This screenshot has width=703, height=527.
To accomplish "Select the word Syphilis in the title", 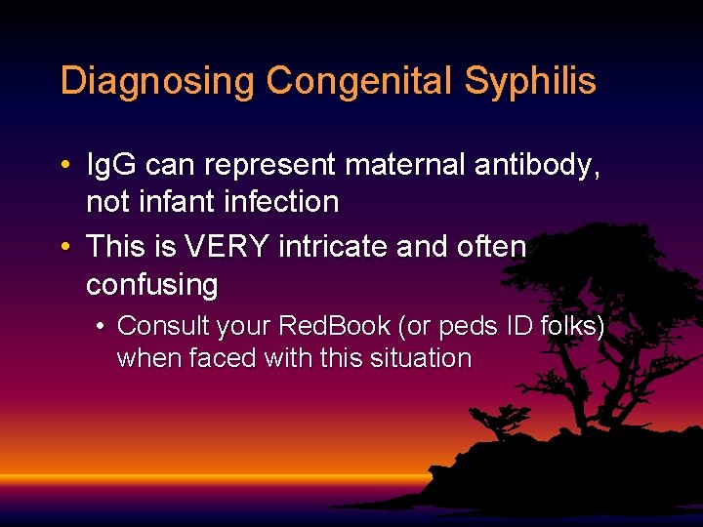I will pos(530,81).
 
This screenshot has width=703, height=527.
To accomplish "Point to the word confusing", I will pos(151,286).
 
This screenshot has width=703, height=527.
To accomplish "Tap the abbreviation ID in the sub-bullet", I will pos(517,326).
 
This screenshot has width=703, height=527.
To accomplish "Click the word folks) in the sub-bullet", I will pos(572,326).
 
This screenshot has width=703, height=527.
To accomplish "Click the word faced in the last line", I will pos(221,359).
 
